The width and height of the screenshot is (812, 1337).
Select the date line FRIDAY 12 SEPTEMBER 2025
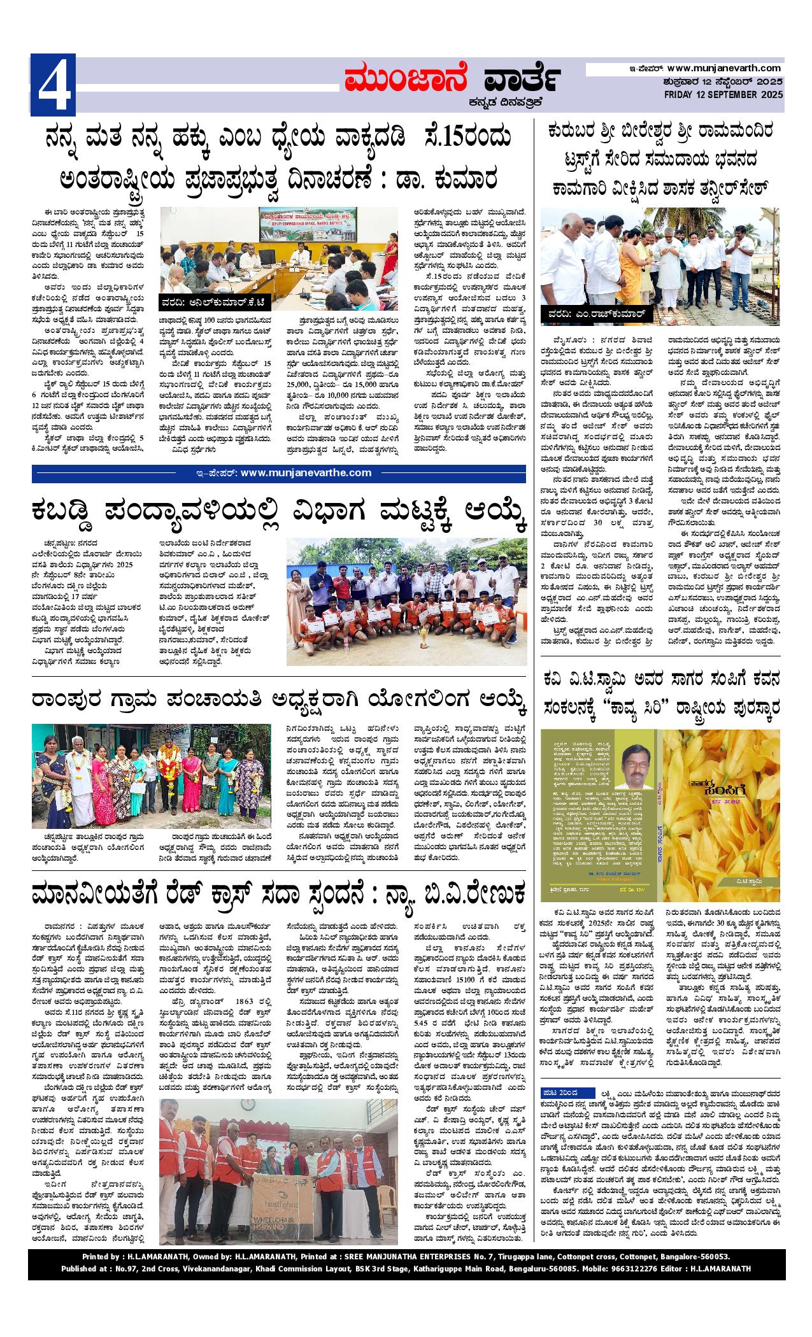(723, 95)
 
